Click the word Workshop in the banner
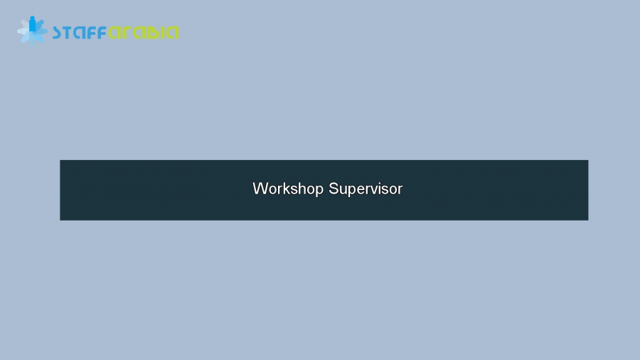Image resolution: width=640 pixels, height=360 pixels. tap(287, 189)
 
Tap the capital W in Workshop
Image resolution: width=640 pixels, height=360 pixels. tap(259, 189)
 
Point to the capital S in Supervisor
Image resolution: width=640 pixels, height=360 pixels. tap(333, 189)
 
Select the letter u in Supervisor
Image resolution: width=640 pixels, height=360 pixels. tap(341, 190)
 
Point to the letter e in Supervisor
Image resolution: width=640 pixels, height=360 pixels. tap(358, 190)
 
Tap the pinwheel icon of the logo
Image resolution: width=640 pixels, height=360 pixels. tap(32, 31)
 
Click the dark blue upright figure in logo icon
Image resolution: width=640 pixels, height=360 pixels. tap(32, 25)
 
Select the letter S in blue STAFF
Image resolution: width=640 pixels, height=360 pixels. tap(58, 33)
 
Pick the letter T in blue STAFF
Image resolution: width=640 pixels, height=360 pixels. tap(69, 33)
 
